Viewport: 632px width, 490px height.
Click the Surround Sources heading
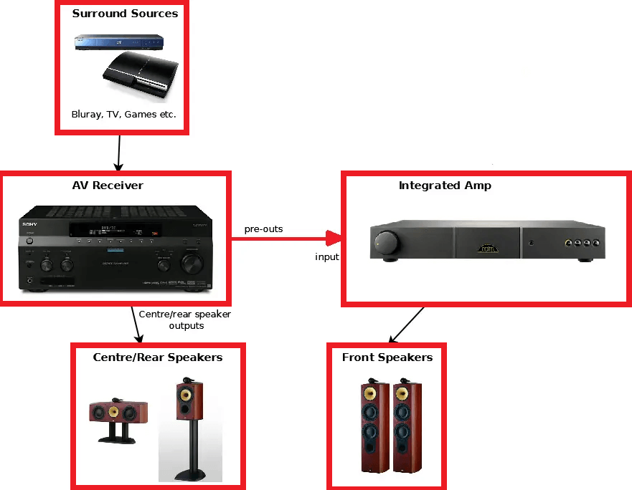coord(125,13)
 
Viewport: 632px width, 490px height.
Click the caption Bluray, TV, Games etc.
coord(123,114)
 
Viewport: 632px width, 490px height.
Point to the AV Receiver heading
coord(108,186)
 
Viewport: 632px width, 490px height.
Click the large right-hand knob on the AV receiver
coord(192,264)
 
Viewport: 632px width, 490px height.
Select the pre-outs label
coord(263,229)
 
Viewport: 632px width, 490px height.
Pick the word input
coord(327,256)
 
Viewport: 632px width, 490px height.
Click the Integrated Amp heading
coord(445,186)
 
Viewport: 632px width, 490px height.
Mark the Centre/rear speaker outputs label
coord(185,320)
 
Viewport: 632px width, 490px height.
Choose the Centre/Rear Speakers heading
coord(158,357)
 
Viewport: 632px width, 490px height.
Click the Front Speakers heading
coord(387,357)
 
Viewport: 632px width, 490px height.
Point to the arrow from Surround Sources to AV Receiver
coord(118,152)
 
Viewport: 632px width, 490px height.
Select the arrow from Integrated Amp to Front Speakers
coord(406,324)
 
